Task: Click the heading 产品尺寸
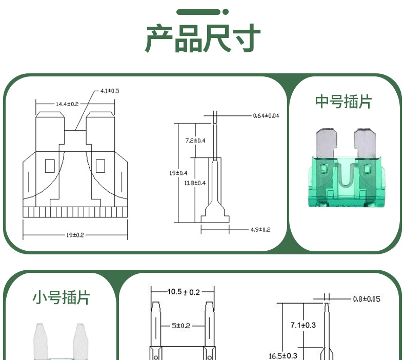[x=202, y=38]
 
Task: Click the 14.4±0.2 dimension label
[x=67, y=104]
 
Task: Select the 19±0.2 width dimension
[x=75, y=235]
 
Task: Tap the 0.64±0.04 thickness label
[x=266, y=116]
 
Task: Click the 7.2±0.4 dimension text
[x=195, y=141]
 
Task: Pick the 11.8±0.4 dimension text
[x=195, y=183]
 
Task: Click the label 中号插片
[x=343, y=102]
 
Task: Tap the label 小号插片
[x=61, y=297]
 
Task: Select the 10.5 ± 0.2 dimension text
[x=184, y=292]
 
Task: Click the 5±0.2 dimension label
[x=180, y=326]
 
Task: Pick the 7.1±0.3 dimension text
[x=302, y=325]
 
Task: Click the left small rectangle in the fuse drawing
[x=50, y=166]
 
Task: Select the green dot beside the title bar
[x=226, y=12]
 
